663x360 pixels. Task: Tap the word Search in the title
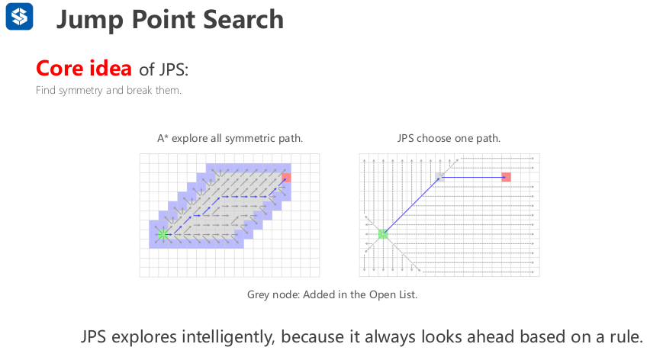click(x=243, y=20)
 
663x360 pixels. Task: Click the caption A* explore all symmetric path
click(x=230, y=138)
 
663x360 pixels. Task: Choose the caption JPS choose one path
click(x=449, y=138)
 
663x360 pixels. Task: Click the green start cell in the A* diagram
click(x=163, y=233)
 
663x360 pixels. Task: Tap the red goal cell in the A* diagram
click(x=286, y=178)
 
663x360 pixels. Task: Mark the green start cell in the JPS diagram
click(x=383, y=234)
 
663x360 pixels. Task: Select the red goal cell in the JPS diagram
click(x=506, y=177)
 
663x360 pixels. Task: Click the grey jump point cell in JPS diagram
click(x=439, y=177)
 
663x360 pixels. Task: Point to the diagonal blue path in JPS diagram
click(x=411, y=206)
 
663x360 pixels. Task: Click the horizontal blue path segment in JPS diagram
click(x=473, y=177)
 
